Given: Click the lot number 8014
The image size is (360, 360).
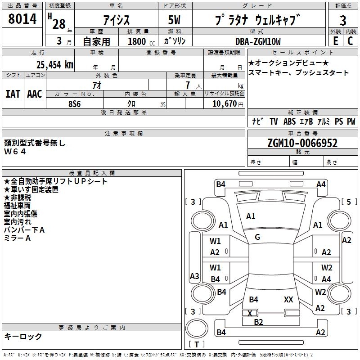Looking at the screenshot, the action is pos(22,20).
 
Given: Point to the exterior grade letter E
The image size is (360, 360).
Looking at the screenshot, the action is pos(335,40).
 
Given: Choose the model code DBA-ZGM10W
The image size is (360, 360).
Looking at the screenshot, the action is pos(258,41).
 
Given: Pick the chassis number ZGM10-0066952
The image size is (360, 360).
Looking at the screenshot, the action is pos(302,143).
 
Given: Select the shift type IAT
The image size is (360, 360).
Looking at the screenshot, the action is pos(13,94).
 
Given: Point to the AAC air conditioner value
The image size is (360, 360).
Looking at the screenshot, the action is pos(34,94).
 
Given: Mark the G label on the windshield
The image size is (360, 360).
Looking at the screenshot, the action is pos(257,237).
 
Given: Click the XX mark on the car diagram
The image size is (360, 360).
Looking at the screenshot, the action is pos(289,299).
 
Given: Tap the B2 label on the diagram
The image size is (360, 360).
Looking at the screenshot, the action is pos(258,322).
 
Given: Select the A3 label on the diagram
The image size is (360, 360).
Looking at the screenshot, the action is pos(194,276).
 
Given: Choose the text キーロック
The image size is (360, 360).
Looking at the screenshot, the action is pos(23,336).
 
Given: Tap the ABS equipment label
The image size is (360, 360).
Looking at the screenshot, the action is pos(289,121).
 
